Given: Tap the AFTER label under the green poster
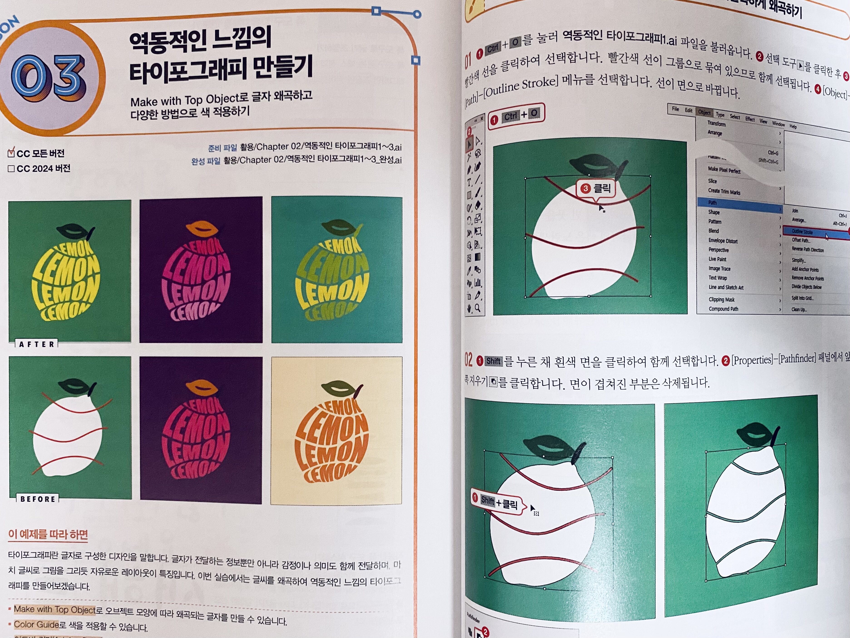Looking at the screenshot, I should pos(37,344).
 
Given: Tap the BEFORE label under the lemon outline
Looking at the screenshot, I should pos(38,499).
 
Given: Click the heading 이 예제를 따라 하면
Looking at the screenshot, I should pos(48,534).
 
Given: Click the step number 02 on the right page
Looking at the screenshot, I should pos(468,360).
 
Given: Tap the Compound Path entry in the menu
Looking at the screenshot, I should pos(723,309).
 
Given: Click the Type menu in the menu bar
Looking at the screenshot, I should pos(720,115).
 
